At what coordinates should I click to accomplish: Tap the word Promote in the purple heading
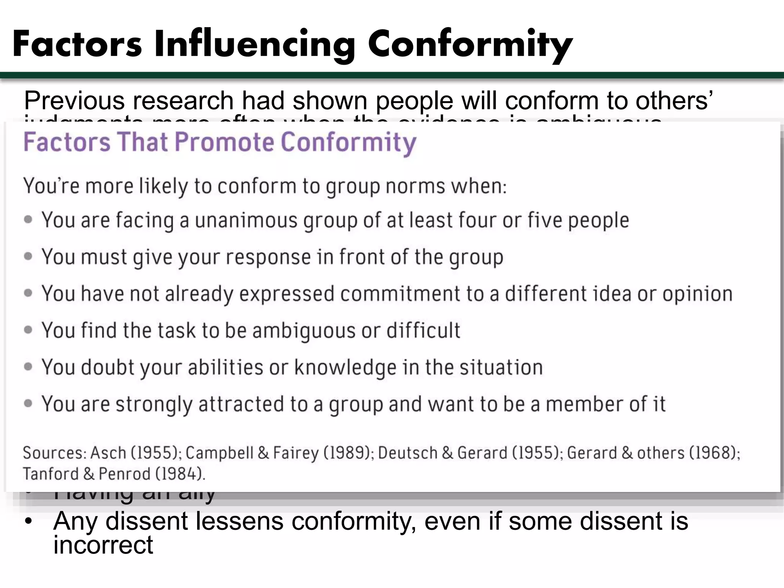(x=225, y=142)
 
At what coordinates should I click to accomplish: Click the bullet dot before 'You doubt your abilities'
(x=28, y=367)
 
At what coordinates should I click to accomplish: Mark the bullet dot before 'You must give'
(x=28, y=256)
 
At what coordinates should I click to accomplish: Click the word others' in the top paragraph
(x=674, y=101)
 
